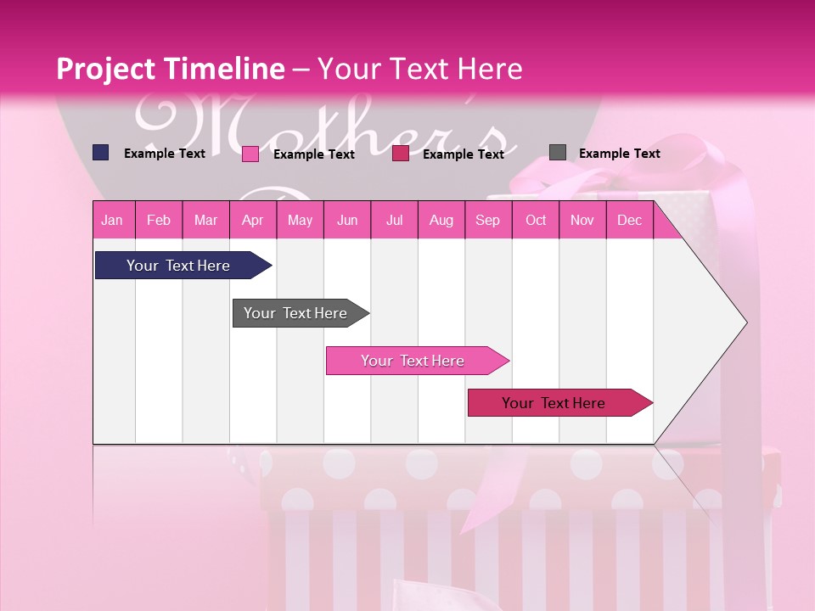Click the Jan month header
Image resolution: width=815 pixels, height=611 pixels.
click(112, 221)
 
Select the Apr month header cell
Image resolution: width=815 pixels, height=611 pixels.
click(252, 221)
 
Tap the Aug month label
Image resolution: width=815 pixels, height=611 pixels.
click(441, 221)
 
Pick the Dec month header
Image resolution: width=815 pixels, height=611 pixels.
click(629, 221)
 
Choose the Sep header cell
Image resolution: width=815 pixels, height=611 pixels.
click(487, 221)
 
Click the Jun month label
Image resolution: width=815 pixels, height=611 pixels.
click(347, 221)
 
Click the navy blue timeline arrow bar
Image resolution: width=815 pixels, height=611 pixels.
click(178, 266)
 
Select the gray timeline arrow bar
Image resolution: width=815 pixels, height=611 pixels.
click(295, 313)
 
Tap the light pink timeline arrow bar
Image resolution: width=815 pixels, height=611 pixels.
click(413, 361)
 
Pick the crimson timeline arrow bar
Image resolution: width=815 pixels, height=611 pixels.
click(554, 403)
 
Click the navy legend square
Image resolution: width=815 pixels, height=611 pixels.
click(100, 153)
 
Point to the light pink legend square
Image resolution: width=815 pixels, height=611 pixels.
click(250, 154)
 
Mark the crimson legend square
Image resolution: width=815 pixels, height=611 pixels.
click(401, 154)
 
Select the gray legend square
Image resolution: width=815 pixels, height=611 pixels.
click(557, 153)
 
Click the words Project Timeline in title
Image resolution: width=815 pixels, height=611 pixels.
click(170, 69)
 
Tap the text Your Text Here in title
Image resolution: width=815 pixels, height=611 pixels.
click(419, 69)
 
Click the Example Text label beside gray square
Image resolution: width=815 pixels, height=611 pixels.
click(619, 154)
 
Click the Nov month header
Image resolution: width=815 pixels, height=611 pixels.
click(582, 221)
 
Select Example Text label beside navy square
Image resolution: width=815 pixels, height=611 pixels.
click(164, 154)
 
